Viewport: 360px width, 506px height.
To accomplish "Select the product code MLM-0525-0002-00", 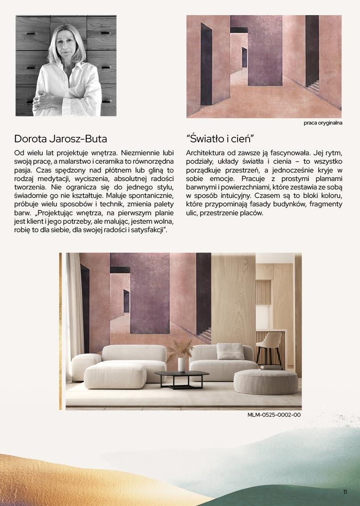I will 274,415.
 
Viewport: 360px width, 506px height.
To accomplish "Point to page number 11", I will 345,492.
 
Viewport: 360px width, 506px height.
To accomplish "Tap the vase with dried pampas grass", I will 181,359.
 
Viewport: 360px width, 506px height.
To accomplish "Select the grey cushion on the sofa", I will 230,351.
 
